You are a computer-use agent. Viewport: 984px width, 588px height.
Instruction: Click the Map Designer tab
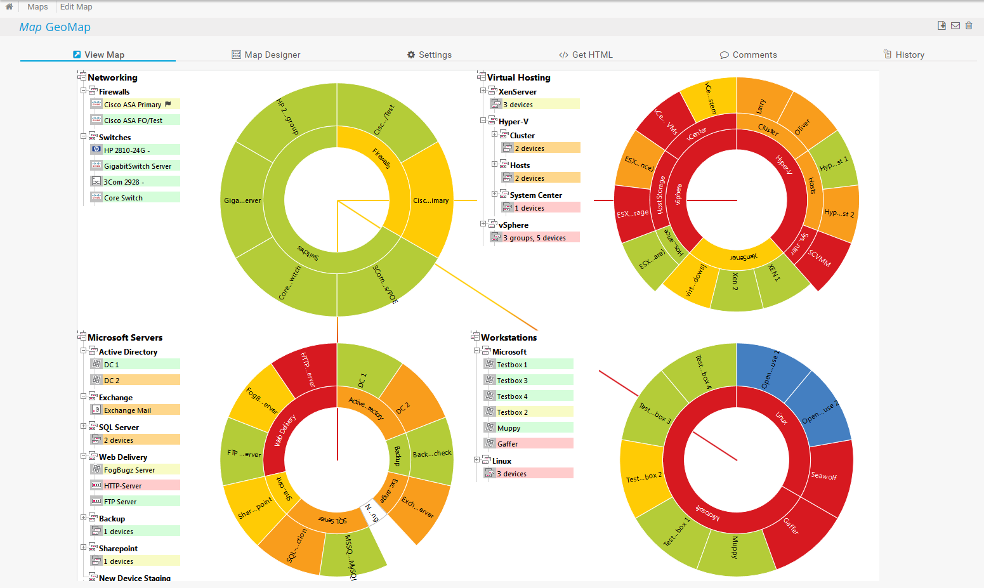[x=266, y=55]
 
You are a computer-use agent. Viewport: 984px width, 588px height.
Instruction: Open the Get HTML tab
[x=586, y=55]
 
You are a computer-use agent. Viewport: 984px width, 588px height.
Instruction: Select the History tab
[x=904, y=55]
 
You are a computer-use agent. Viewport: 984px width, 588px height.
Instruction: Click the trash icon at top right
[x=969, y=25]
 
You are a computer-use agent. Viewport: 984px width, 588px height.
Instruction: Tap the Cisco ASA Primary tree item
[x=133, y=105]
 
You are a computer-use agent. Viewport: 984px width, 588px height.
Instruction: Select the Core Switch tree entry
[x=123, y=198]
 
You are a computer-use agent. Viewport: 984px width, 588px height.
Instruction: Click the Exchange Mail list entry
[x=128, y=410]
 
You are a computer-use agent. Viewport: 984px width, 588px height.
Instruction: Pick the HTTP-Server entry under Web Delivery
[x=123, y=486]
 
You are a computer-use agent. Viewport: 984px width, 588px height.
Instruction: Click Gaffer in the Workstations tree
[x=508, y=444]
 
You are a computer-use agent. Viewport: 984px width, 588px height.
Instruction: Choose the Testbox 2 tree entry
[x=513, y=412]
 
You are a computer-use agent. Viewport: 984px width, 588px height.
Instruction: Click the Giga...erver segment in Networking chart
[x=242, y=200]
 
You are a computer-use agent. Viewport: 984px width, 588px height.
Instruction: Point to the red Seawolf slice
[x=824, y=476]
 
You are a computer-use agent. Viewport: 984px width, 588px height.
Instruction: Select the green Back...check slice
[x=431, y=454]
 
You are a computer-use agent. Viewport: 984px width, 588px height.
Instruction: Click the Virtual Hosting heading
[x=518, y=77]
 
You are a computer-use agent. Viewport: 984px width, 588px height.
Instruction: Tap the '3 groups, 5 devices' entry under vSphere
[x=534, y=238]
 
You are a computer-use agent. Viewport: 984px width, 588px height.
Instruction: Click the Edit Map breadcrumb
[x=76, y=7]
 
